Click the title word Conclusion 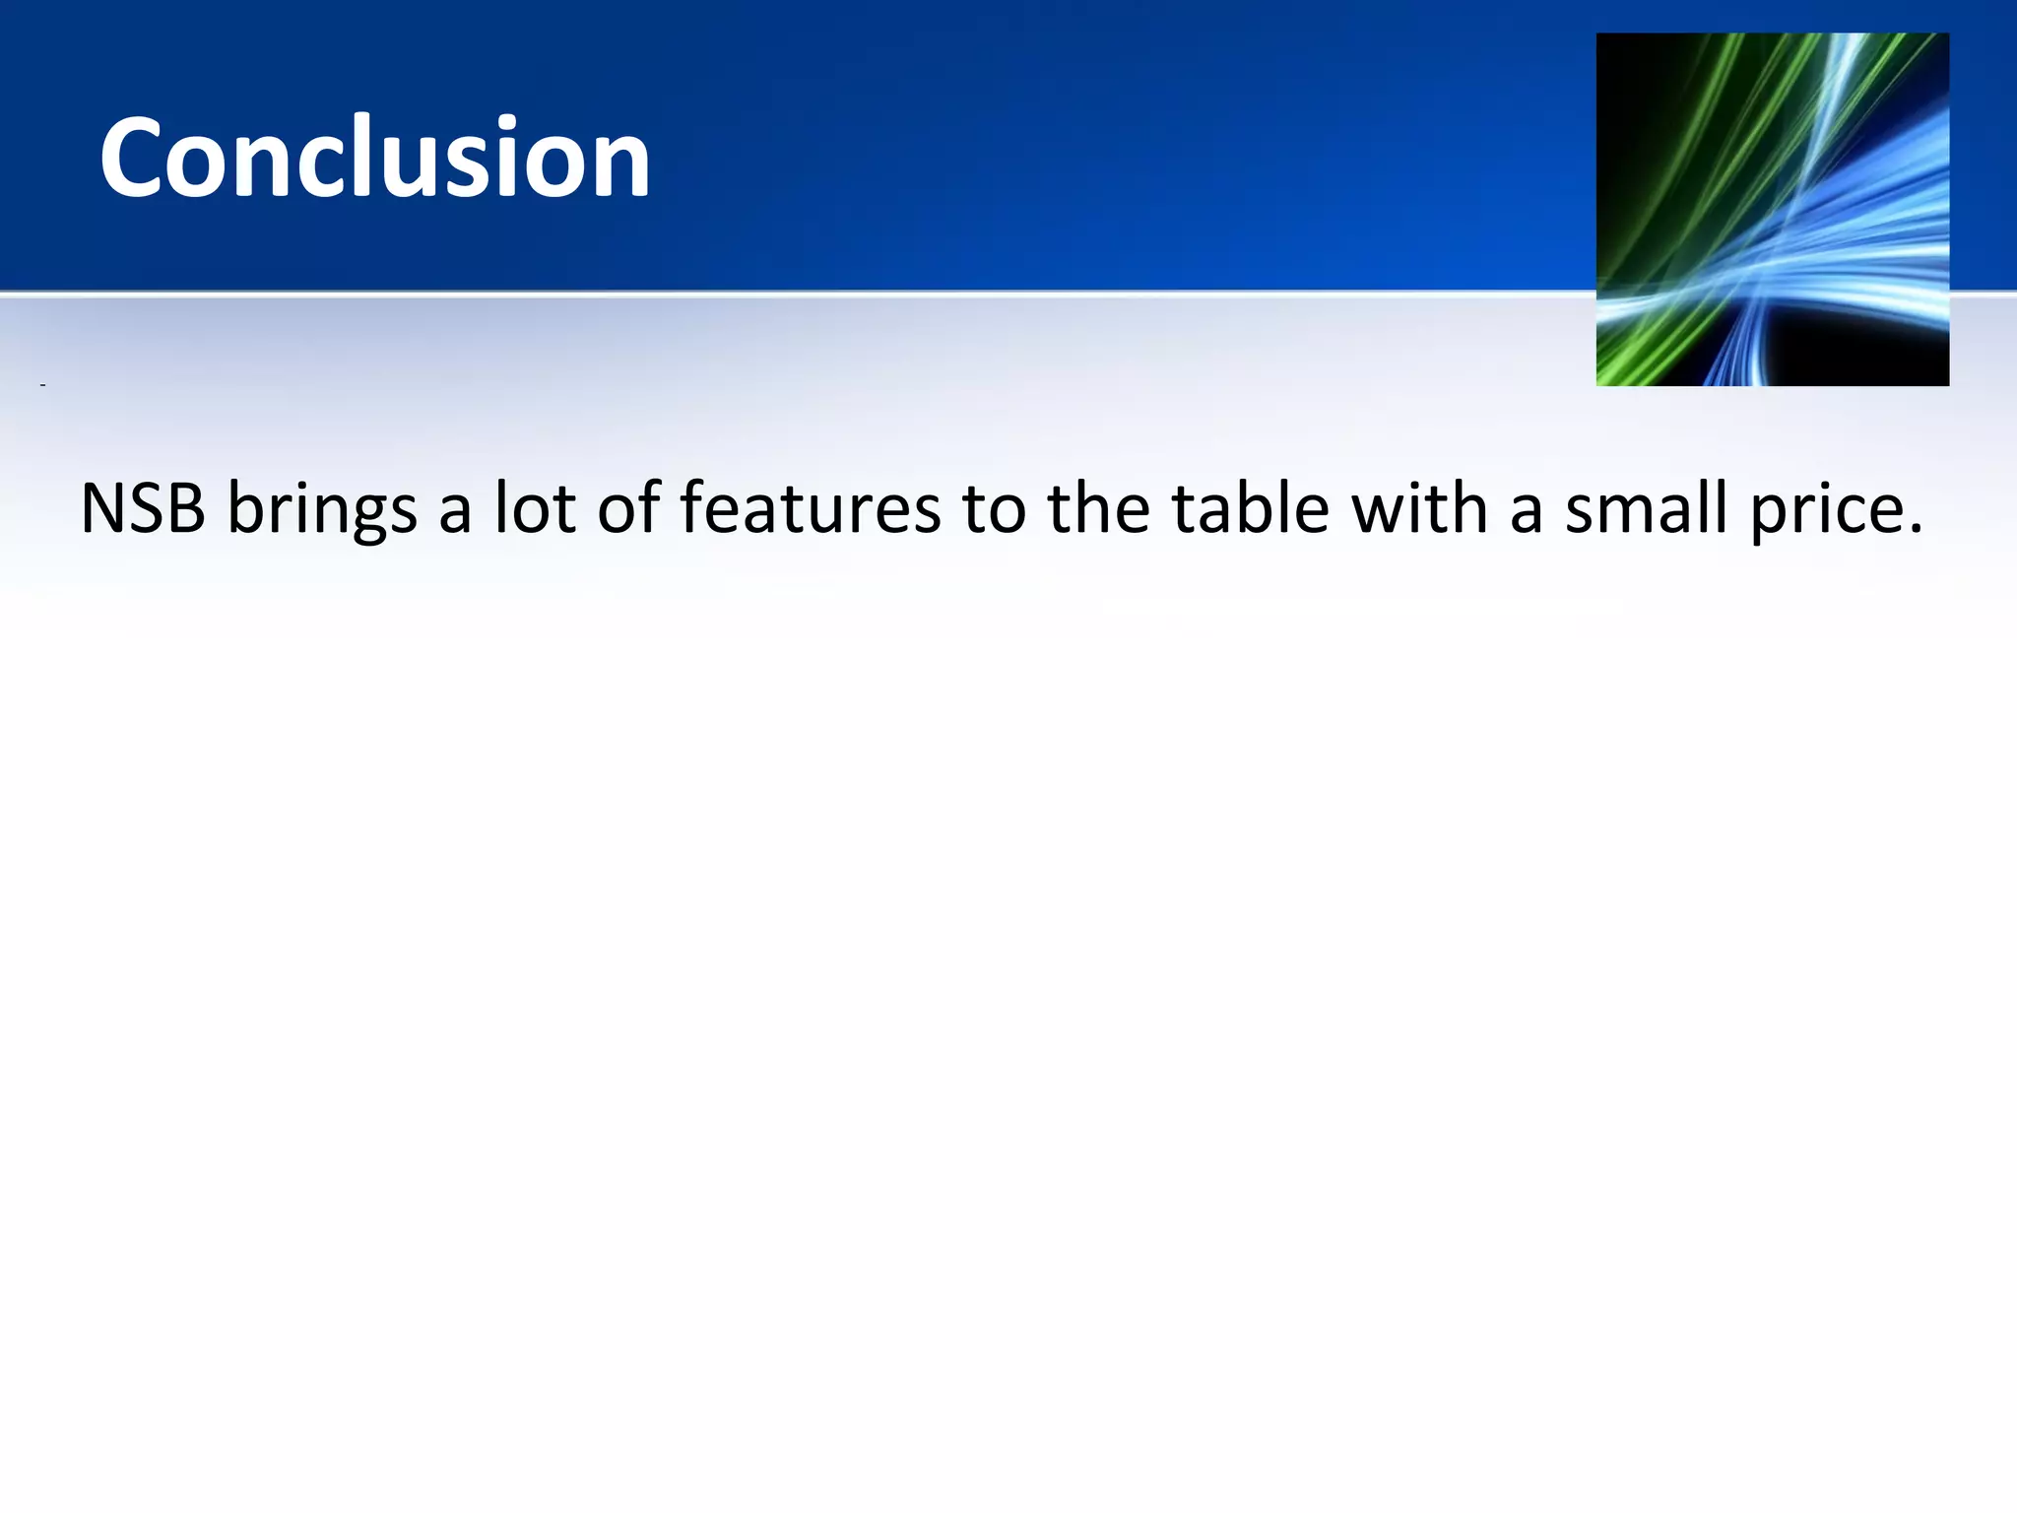coord(374,158)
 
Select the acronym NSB coord(143,509)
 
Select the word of coord(628,509)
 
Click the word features coord(811,509)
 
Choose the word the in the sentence coord(1098,509)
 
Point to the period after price coord(1914,530)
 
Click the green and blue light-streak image coord(1772,209)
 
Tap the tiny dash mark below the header coord(42,384)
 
